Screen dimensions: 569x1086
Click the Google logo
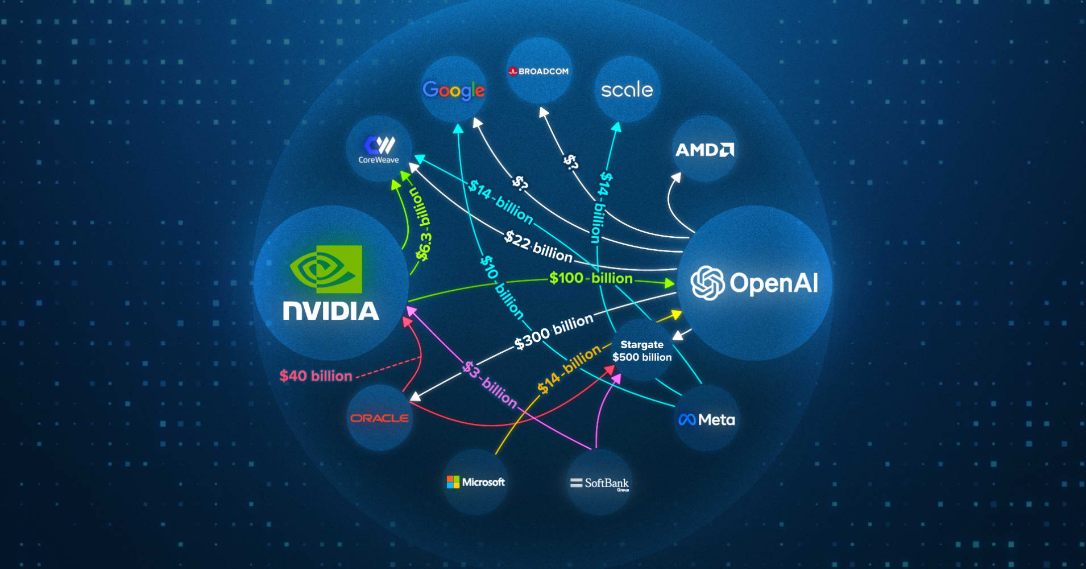[453, 90]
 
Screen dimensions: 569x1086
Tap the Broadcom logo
[538, 72]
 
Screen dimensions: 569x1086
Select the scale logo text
[627, 89]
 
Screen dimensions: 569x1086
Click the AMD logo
[704, 150]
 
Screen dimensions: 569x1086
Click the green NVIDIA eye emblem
[326, 269]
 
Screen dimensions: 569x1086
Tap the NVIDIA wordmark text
[331, 311]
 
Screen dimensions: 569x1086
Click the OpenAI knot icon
[707, 283]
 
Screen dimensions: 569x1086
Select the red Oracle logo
[379, 418]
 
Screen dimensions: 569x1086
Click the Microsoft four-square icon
[453, 482]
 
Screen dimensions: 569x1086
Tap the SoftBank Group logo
[599, 484]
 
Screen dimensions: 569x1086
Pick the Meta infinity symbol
[687, 420]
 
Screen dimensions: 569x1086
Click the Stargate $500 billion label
[642, 351]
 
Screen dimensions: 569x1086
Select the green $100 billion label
[591, 278]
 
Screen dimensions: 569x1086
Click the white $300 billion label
[553, 331]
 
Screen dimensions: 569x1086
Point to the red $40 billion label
[316, 376]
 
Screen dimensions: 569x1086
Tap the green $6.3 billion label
[422, 225]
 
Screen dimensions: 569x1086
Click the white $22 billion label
[538, 246]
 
